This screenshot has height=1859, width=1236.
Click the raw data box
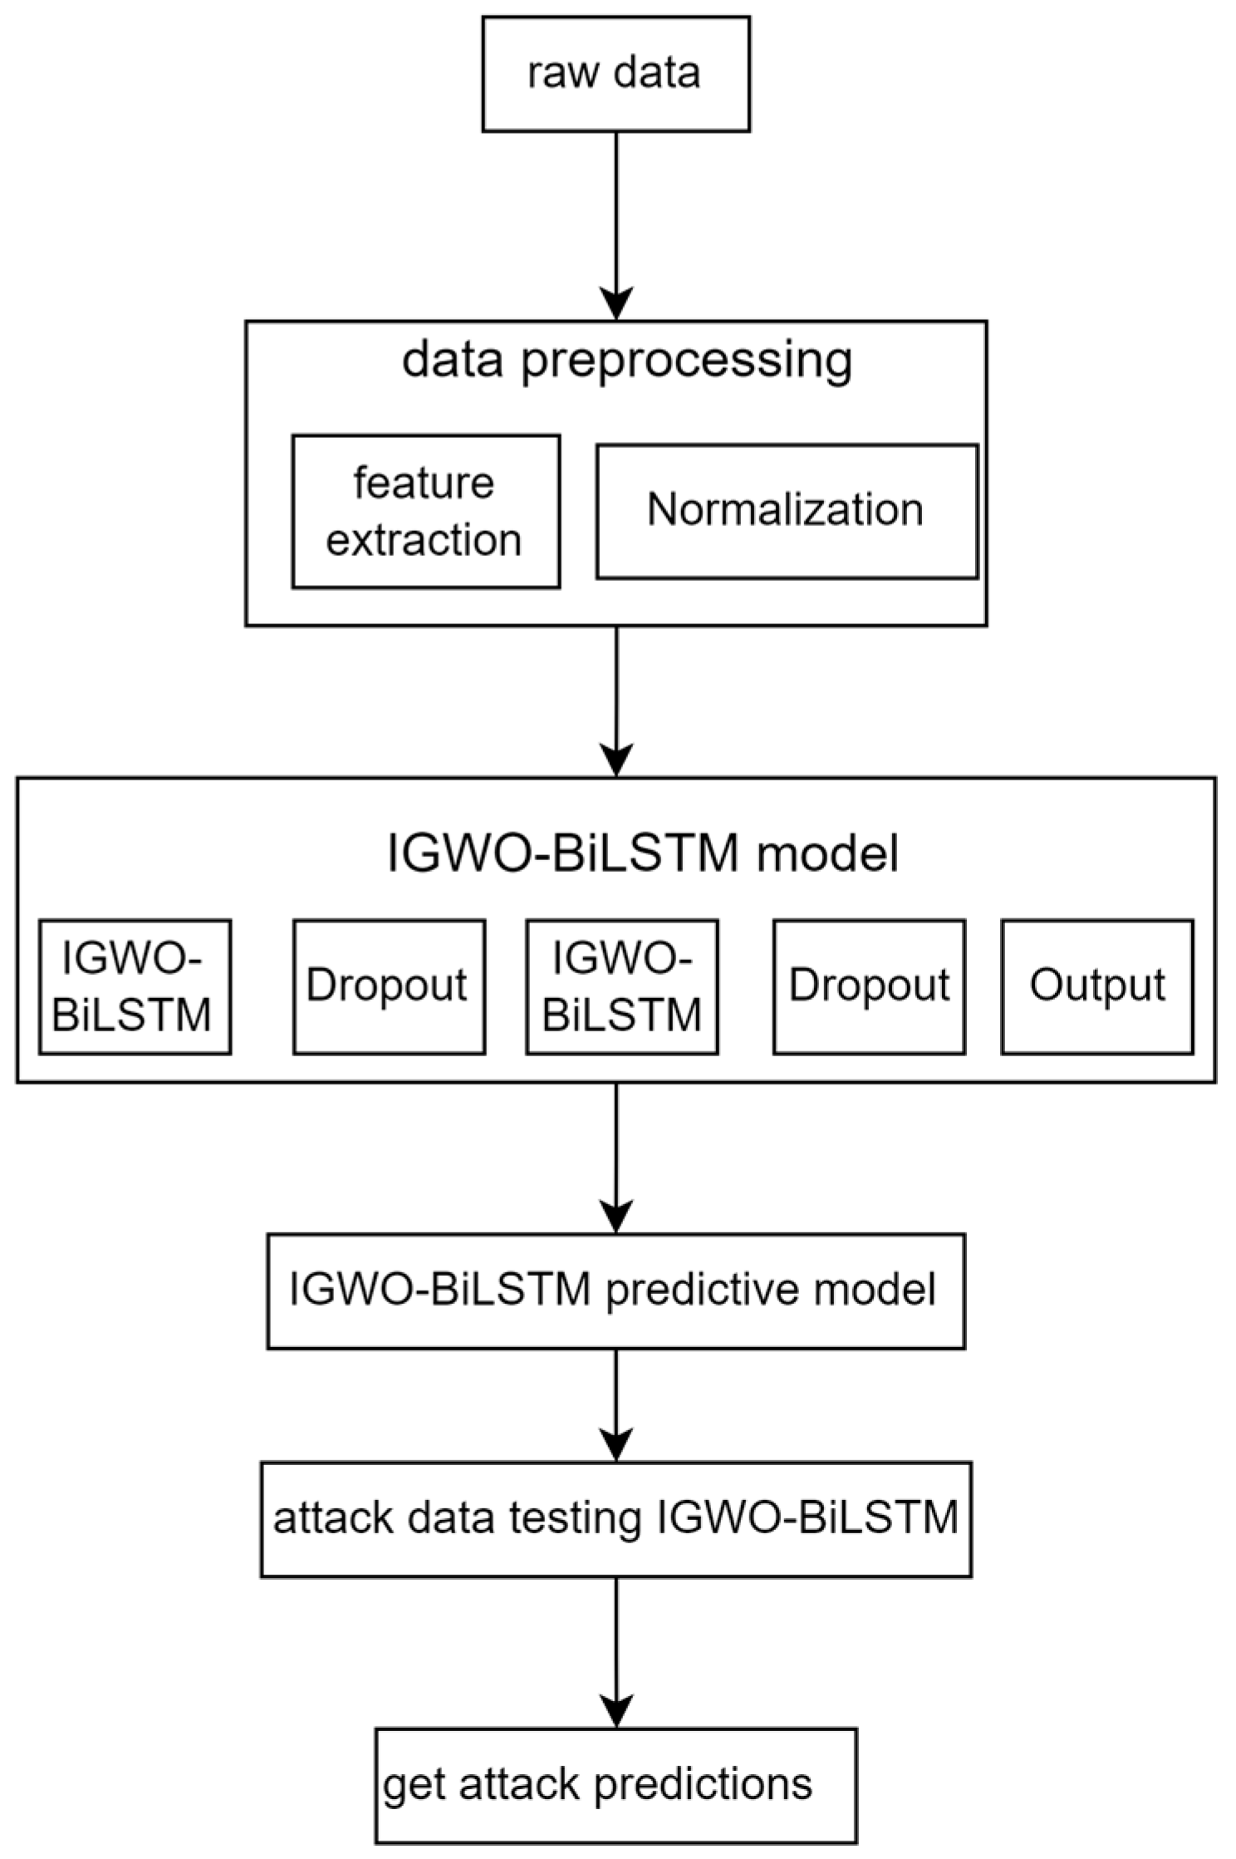(616, 74)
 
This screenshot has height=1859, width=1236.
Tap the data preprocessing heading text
(627, 360)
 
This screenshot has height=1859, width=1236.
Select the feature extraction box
(425, 511)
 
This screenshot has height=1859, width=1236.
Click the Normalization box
(786, 511)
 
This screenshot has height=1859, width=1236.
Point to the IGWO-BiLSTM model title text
(643, 853)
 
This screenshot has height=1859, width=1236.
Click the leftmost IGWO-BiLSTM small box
(135, 986)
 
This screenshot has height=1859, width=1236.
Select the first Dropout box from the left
(389, 986)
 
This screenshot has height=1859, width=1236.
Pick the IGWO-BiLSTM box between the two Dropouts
(621, 986)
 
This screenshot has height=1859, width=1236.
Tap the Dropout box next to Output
(869, 986)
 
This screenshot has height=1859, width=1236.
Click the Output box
(1096, 986)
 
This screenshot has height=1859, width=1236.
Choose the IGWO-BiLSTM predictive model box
(615, 1291)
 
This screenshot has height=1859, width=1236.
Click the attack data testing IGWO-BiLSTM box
(615, 1519)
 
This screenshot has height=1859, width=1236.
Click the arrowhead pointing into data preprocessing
(616, 304)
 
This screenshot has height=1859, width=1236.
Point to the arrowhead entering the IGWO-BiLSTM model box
(616, 760)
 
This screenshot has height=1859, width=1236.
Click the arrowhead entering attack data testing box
(616, 1446)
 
